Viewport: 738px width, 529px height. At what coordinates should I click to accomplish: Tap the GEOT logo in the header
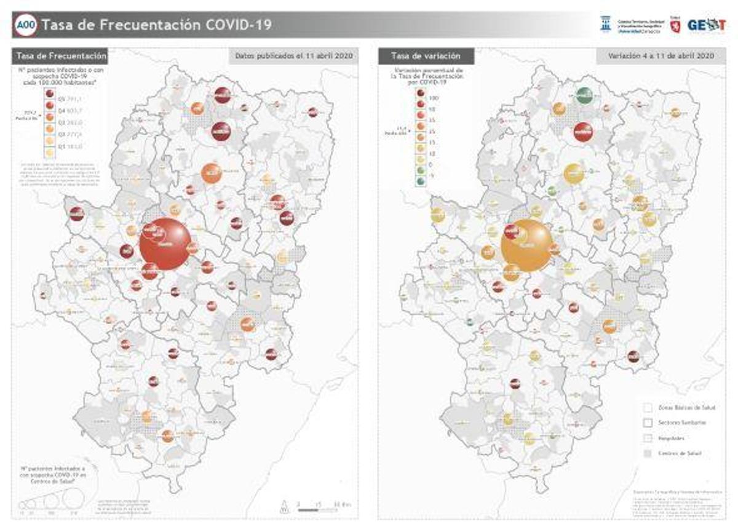click(705, 25)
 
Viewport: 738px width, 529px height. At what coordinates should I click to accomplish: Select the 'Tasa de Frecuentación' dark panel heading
click(60, 56)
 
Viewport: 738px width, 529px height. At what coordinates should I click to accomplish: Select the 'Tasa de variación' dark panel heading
click(425, 56)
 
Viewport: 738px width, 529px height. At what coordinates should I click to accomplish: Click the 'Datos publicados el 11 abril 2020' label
click(293, 56)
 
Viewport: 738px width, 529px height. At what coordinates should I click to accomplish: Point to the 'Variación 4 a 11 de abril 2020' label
click(661, 56)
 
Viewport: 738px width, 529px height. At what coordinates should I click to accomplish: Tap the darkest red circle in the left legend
click(49, 94)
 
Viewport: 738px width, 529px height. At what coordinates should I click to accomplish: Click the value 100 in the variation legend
click(433, 98)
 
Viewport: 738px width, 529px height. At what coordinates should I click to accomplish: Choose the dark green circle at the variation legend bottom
click(419, 181)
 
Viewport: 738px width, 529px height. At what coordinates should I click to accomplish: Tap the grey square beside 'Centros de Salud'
click(647, 453)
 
